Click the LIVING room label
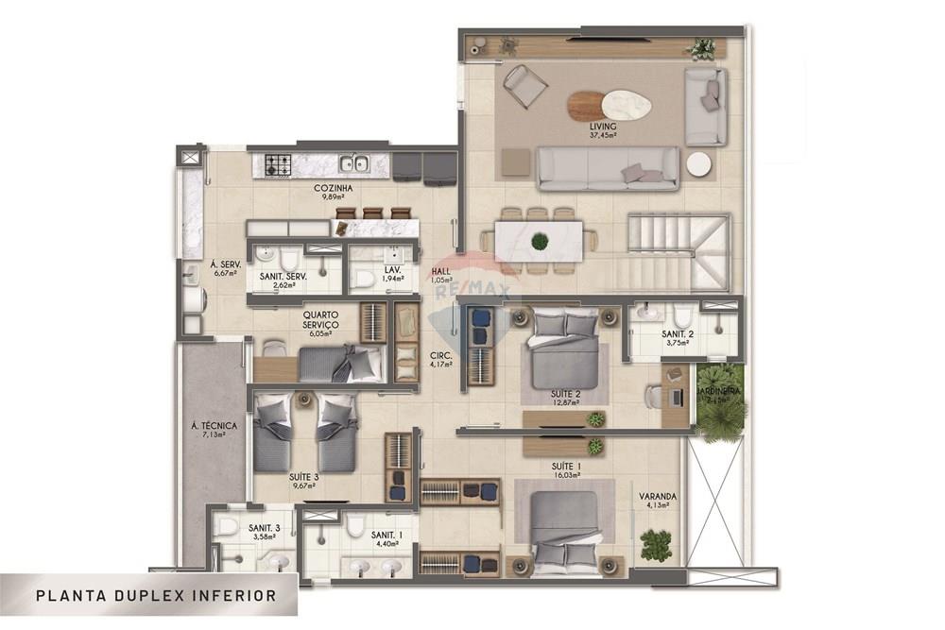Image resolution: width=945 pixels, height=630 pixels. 603,126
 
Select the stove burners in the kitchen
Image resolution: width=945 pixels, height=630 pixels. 278,166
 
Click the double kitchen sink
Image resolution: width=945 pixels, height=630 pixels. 354,165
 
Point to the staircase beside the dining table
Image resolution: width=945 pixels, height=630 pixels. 679,251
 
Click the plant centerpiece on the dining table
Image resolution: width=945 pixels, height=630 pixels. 540,241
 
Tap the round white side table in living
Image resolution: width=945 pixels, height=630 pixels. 699,163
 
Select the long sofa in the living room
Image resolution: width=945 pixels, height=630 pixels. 608,168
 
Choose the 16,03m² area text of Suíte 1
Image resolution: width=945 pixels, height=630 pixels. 566,477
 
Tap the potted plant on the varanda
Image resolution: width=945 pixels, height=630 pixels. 655,544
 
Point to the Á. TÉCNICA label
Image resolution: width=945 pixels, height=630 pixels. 214,426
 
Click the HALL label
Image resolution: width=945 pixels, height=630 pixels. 441,270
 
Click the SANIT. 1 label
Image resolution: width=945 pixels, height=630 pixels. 386,534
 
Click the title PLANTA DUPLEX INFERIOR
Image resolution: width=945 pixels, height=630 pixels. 156,596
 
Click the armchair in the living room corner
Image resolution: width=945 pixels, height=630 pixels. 524,86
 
